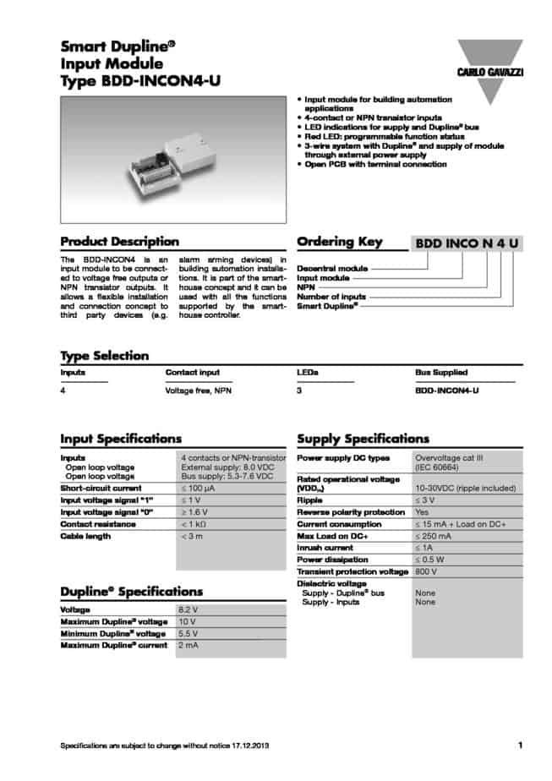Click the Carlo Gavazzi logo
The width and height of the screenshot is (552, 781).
tap(490, 60)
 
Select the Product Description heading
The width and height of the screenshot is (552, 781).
tap(119, 242)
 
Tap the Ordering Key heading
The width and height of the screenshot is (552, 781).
tap(340, 242)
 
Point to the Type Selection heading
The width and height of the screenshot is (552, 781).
tap(104, 356)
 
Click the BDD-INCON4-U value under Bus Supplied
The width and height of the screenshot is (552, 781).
tap(447, 390)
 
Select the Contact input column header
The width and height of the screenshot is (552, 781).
tap(192, 372)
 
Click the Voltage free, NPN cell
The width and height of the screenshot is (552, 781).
tap(198, 390)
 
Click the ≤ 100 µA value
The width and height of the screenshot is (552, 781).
tap(200, 489)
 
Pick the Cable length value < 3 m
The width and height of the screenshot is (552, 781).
tap(193, 536)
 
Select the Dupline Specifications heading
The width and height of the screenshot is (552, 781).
tap(131, 592)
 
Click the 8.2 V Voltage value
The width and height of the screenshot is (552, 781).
tap(189, 609)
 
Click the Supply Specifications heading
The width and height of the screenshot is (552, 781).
tap(363, 439)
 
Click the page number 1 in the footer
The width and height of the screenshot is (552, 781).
tap(520, 745)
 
